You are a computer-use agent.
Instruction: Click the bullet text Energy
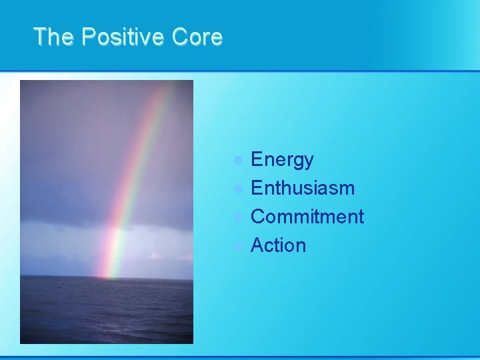coord(282,161)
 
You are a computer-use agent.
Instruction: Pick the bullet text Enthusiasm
coord(303,189)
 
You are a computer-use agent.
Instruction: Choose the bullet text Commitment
coord(307,217)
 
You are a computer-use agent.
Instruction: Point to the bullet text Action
coord(279,245)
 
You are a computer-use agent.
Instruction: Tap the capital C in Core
coord(179,37)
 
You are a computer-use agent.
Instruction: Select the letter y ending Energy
coord(308,163)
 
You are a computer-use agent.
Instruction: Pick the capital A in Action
coord(257,245)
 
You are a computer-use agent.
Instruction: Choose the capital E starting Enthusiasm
coord(257,189)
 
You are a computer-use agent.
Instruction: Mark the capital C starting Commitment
coord(258,217)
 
